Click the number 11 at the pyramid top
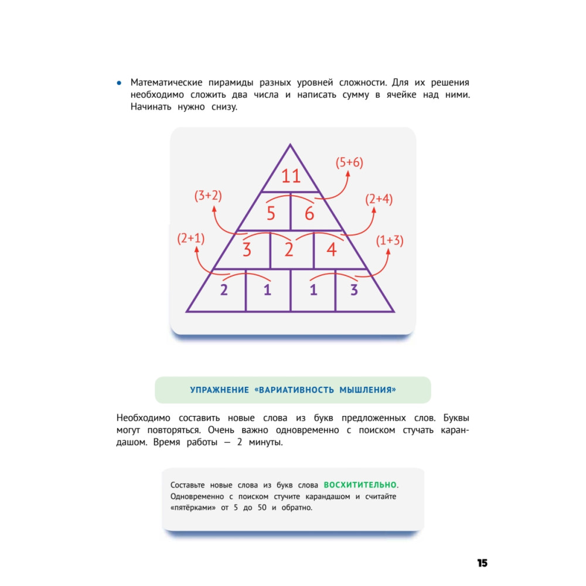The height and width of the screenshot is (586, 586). tap(291, 176)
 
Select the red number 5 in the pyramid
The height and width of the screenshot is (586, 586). tap(271, 213)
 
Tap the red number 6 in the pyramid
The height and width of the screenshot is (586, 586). tap(309, 213)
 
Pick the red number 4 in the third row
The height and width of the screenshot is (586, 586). tap(332, 249)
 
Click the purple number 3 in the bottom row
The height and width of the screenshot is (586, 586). tap(354, 289)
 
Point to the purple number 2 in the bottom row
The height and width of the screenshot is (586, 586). tap(224, 289)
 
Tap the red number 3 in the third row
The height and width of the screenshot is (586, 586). tap(247, 249)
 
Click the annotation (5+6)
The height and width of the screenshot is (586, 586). tap(349, 162)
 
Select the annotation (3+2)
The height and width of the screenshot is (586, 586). tap(208, 196)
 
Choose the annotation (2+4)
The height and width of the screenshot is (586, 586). tap(379, 199)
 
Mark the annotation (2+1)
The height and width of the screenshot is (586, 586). tap(191, 238)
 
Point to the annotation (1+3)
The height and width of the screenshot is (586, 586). tap(390, 240)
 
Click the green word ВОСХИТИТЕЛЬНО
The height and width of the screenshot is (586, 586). tap(360, 485)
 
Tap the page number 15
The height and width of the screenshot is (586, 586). tap(482, 563)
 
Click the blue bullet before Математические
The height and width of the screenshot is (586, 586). tap(119, 83)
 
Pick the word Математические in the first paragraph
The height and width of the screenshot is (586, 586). tap(166, 83)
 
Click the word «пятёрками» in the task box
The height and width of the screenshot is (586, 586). tap(193, 507)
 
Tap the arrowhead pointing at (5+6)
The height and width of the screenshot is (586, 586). tap(348, 174)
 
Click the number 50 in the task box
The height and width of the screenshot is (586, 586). tap(262, 507)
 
